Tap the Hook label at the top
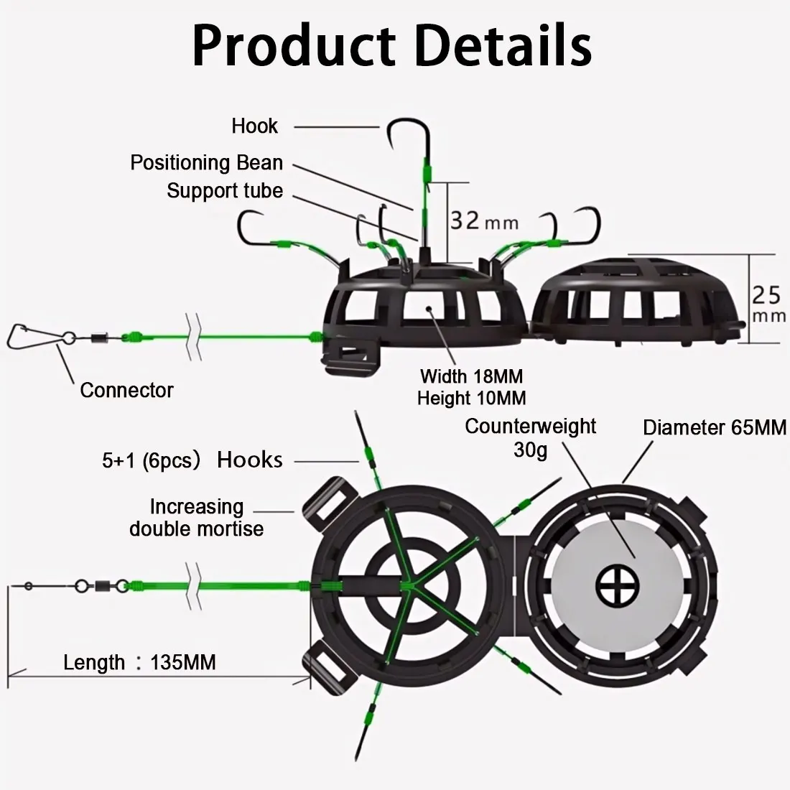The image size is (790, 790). pos(254,126)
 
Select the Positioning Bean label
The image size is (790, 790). pos(207,163)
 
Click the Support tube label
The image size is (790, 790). pos(225,191)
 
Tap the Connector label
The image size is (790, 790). pos(126,390)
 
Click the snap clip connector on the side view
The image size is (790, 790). pos(35,335)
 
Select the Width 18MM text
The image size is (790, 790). pos(472,376)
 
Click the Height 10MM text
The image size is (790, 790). pos(472,398)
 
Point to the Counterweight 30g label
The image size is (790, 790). pos(530,437)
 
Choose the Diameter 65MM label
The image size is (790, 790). pos(715,428)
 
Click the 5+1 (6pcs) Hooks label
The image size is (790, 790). pos(192,460)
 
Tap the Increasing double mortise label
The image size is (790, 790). pos(197,517)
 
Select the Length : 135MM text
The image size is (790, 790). pos(139,662)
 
